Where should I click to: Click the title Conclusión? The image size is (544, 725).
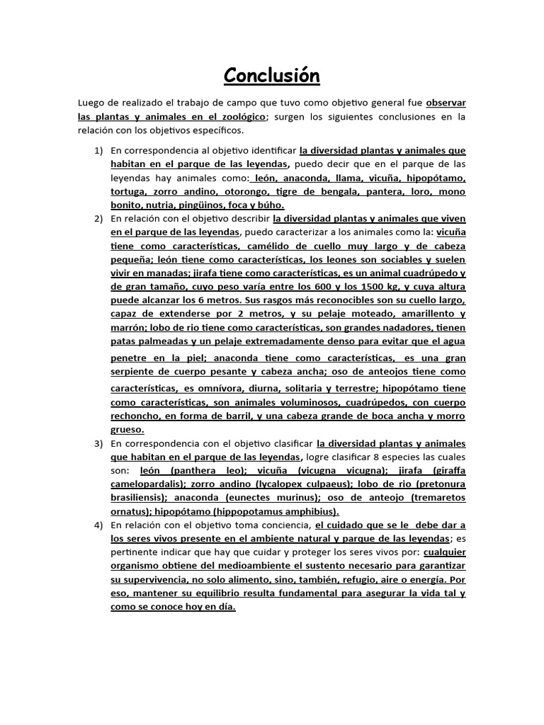[272, 75]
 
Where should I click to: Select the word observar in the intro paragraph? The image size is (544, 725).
[446, 102]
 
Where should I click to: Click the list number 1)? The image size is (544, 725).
[98, 150]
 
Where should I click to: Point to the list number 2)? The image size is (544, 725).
[98, 218]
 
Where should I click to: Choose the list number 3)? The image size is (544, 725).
[98, 444]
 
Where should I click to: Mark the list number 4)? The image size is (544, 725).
[98, 525]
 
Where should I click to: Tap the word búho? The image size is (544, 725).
[270, 205]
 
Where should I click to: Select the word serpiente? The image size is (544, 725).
[135, 372]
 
